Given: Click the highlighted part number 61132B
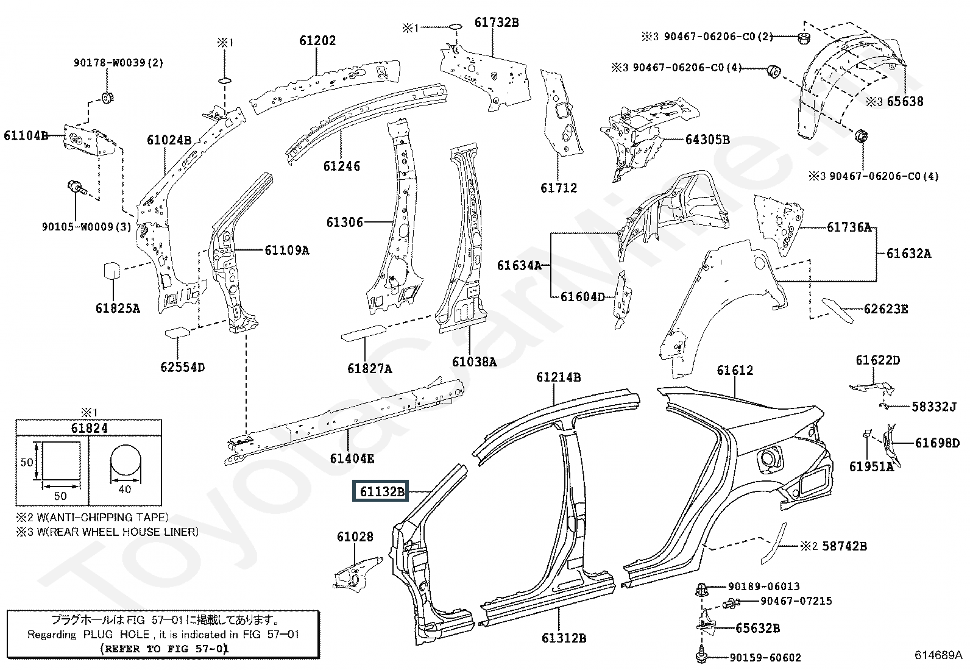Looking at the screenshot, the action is point(381,491).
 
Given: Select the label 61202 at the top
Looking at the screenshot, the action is point(317,41).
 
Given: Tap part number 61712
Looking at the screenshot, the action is point(559,188).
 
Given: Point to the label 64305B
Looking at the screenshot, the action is point(707,140).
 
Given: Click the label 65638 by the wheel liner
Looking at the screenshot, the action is point(905,101).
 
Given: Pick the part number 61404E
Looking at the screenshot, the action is point(352,458).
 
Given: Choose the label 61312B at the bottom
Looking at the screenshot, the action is point(564,638).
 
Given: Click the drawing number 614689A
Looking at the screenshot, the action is point(938,655).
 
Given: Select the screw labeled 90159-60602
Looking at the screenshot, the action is point(701,655).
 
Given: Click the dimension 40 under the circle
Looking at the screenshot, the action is point(125,490).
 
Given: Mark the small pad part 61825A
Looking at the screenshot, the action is point(112,271).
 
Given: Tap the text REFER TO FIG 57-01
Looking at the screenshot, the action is point(164,649).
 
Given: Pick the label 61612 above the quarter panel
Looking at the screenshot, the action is point(735,370).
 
